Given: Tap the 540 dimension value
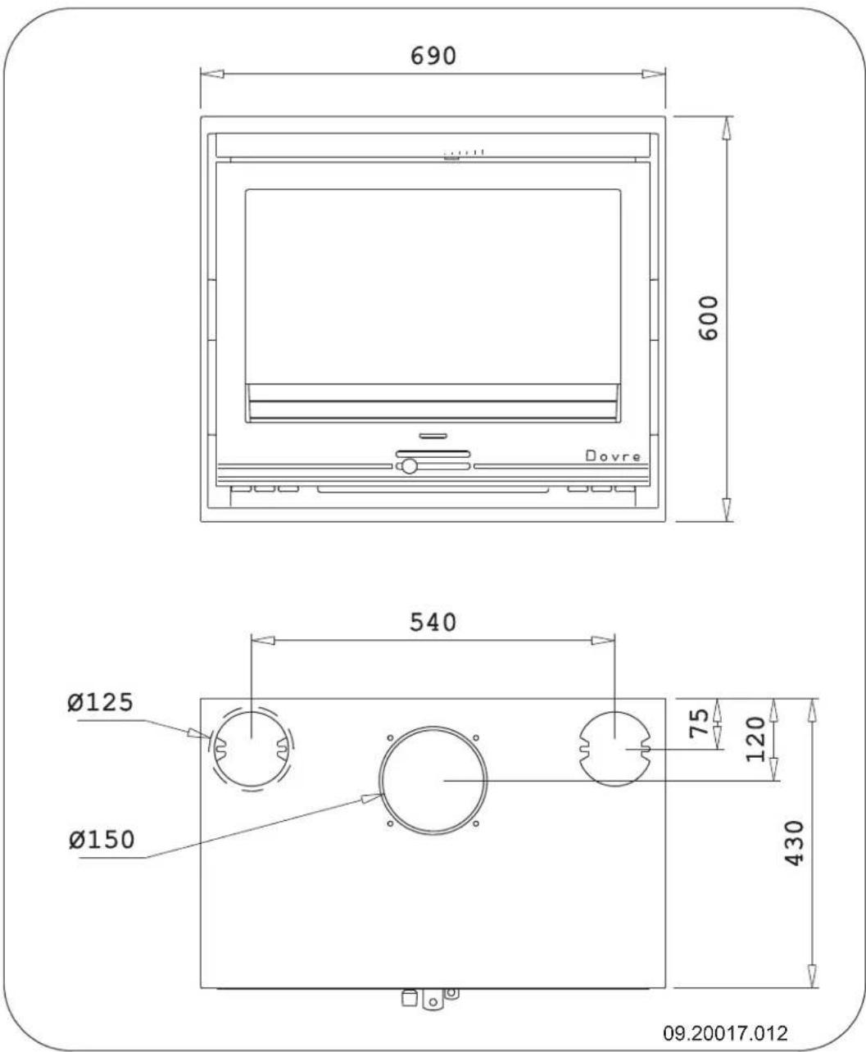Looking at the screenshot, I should click(432, 623).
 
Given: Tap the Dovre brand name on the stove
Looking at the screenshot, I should click(613, 456).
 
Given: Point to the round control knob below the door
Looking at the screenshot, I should click(407, 467).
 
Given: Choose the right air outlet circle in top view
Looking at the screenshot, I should click(614, 748).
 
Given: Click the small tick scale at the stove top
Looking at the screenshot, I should click(464, 152).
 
